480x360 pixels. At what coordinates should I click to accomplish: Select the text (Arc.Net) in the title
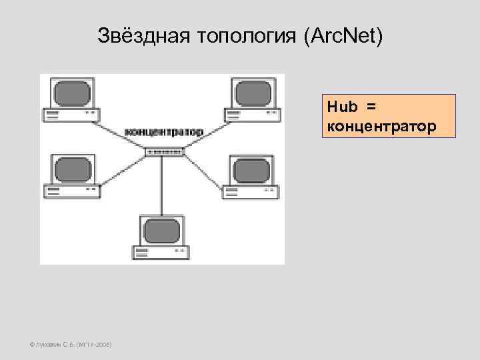[x=343, y=35]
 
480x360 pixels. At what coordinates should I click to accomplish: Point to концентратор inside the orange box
[x=381, y=125]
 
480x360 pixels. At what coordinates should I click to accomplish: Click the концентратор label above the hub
[x=164, y=132]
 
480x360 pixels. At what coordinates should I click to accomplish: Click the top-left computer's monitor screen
[x=72, y=93]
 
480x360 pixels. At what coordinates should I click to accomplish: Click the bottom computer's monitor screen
[x=161, y=232]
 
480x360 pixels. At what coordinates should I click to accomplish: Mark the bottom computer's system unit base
[x=161, y=253]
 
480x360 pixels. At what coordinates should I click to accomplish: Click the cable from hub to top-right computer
[x=207, y=133]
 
